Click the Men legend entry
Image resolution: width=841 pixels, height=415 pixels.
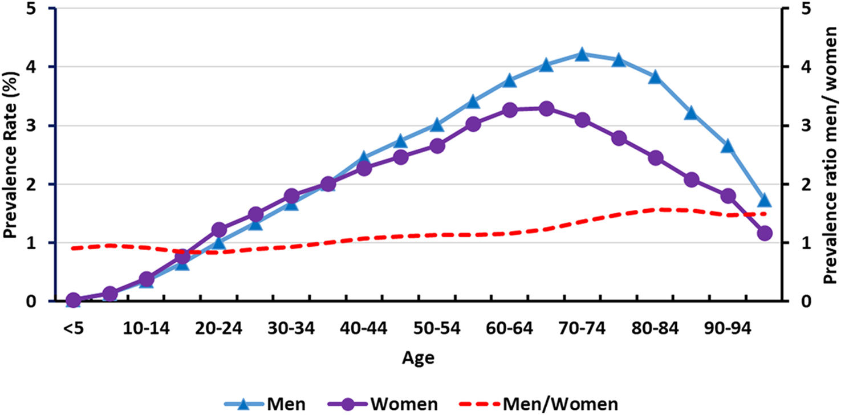tap(265, 404)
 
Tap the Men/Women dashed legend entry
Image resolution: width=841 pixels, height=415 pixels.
tap(539, 404)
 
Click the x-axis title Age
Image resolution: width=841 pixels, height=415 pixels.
tap(419, 358)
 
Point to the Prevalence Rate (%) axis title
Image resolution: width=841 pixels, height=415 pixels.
tap(11, 154)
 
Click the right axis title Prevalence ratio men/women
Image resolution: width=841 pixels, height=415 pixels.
tap(830, 155)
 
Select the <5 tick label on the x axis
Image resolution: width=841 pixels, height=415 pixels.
tap(73, 328)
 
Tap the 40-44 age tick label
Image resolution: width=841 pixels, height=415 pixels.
tap(363, 328)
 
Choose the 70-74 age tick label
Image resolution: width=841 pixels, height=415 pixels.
tap(582, 328)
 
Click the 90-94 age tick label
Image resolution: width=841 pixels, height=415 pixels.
tap(728, 328)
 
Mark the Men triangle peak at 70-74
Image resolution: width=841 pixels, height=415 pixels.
tap(582, 54)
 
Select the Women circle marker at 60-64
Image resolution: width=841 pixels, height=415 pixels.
tap(510, 110)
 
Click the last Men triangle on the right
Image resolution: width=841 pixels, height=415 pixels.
tap(764, 200)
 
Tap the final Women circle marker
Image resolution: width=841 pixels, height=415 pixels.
tap(765, 233)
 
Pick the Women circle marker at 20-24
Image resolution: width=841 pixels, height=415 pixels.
tap(219, 229)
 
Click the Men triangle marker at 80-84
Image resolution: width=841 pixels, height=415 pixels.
tap(655, 76)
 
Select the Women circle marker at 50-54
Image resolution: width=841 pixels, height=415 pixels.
tap(437, 146)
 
